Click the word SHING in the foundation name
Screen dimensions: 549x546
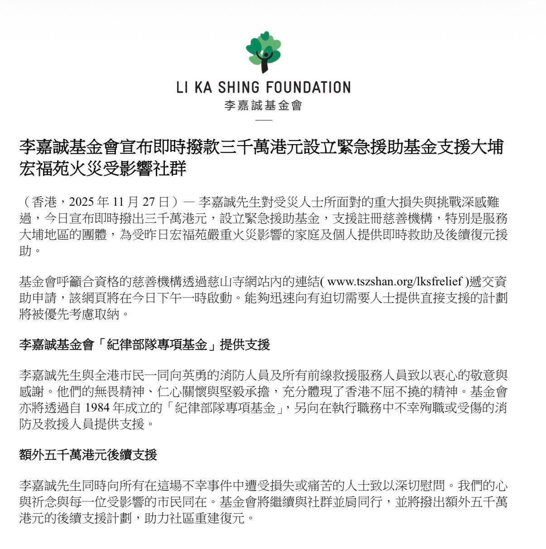pos(241,87)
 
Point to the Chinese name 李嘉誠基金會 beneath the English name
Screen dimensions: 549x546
pos(263,106)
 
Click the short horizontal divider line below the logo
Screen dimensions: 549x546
pos(263,120)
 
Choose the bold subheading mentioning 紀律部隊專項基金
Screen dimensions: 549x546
pos(144,345)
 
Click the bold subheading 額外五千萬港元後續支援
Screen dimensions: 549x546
pos(88,454)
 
